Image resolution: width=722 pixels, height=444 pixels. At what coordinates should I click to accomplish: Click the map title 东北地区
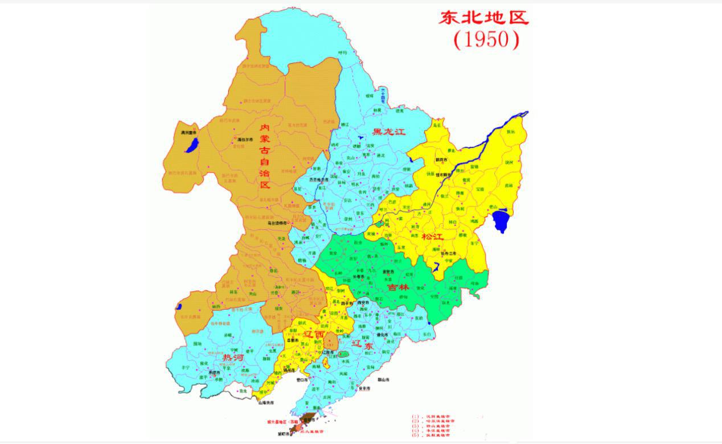pyautogui.click(x=483, y=17)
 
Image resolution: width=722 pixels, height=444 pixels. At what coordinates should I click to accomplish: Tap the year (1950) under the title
pyautogui.click(x=486, y=39)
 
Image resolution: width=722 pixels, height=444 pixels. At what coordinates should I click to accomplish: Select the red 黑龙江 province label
pyautogui.click(x=388, y=132)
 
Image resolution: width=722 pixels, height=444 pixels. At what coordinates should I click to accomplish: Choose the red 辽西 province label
pyautogui.click(x=315, y=334)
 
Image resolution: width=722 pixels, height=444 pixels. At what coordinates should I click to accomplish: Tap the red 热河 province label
pyautogui.click(x=234, y=357)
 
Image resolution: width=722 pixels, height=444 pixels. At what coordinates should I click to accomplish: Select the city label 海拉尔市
pyautogui.click(x=244, y=139)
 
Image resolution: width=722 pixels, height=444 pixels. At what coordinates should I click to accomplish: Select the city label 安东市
pyautogui.click(x=365, y=388)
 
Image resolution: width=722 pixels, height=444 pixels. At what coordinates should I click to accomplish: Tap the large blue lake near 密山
pyautogui.click(x=501, y=220)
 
